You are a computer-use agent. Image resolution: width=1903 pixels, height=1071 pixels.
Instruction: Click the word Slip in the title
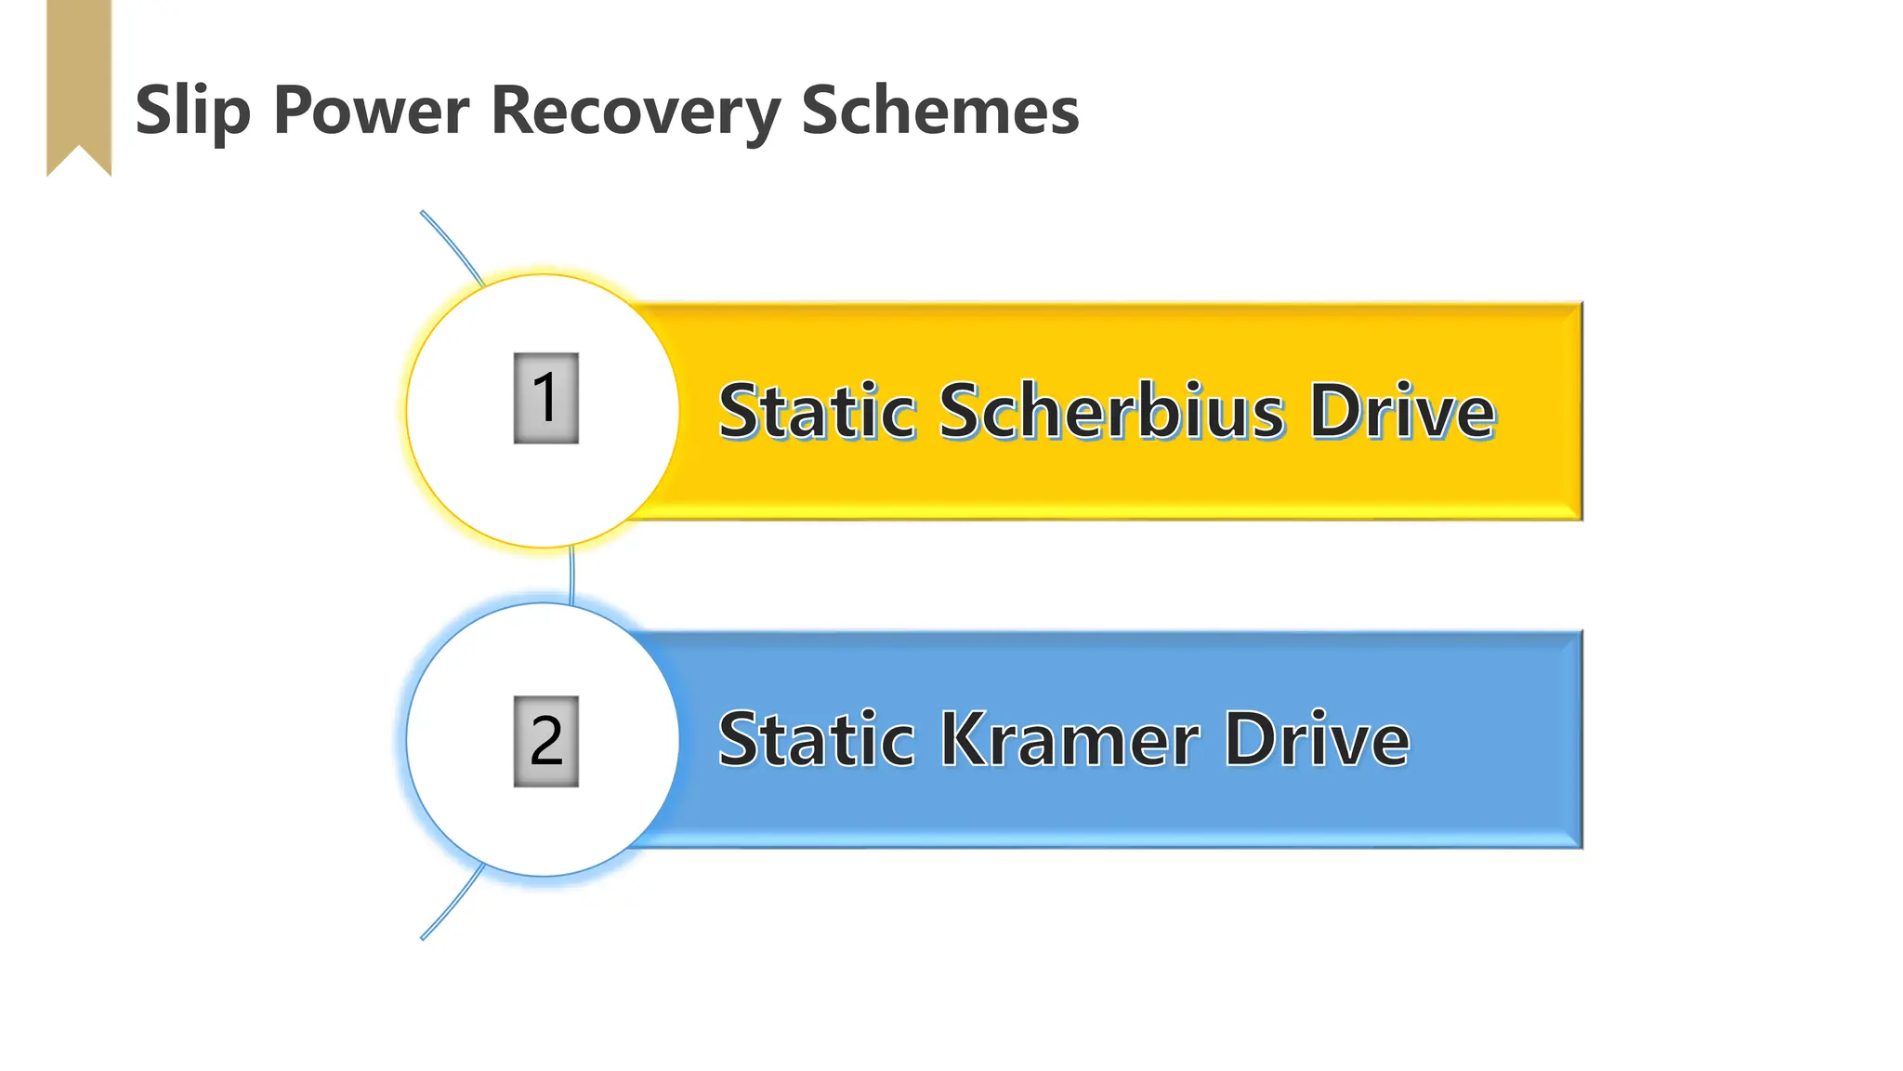192,111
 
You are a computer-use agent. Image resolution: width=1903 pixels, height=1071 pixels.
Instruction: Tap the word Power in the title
372,111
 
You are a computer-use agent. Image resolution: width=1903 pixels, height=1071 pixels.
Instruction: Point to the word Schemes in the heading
939,111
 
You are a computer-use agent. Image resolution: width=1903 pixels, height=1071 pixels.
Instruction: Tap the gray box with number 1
546,398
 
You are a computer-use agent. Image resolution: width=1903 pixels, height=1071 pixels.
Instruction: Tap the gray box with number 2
546,741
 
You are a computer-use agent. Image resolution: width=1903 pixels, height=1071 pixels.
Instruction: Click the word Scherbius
1111,411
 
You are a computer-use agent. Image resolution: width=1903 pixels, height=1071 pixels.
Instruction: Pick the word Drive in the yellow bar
1402,411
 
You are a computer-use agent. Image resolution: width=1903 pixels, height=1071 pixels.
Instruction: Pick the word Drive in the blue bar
1317,740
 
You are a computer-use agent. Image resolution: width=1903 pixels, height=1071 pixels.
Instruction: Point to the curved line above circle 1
453,246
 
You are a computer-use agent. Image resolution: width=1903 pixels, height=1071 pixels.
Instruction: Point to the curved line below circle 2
453,904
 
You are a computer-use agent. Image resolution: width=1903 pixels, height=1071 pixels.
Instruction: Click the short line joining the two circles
571,575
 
